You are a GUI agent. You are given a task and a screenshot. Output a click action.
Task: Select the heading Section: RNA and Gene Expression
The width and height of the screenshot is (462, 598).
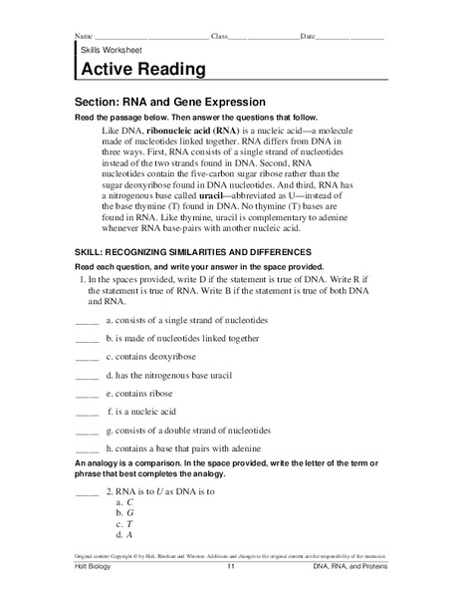click(170, 102)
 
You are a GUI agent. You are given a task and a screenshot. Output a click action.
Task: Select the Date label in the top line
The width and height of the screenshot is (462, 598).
click(308, 36)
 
